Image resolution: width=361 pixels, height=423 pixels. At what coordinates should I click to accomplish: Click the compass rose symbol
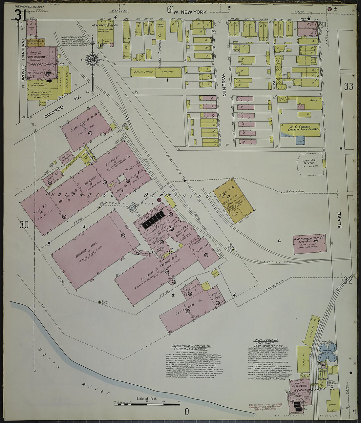click(92, 59)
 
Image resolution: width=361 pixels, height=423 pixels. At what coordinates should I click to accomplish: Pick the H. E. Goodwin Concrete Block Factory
click(299, 130)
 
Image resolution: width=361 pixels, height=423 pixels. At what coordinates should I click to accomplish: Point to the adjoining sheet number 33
click(349, 87)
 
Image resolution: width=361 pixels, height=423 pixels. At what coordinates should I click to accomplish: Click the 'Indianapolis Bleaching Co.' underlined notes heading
click(191, 346)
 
